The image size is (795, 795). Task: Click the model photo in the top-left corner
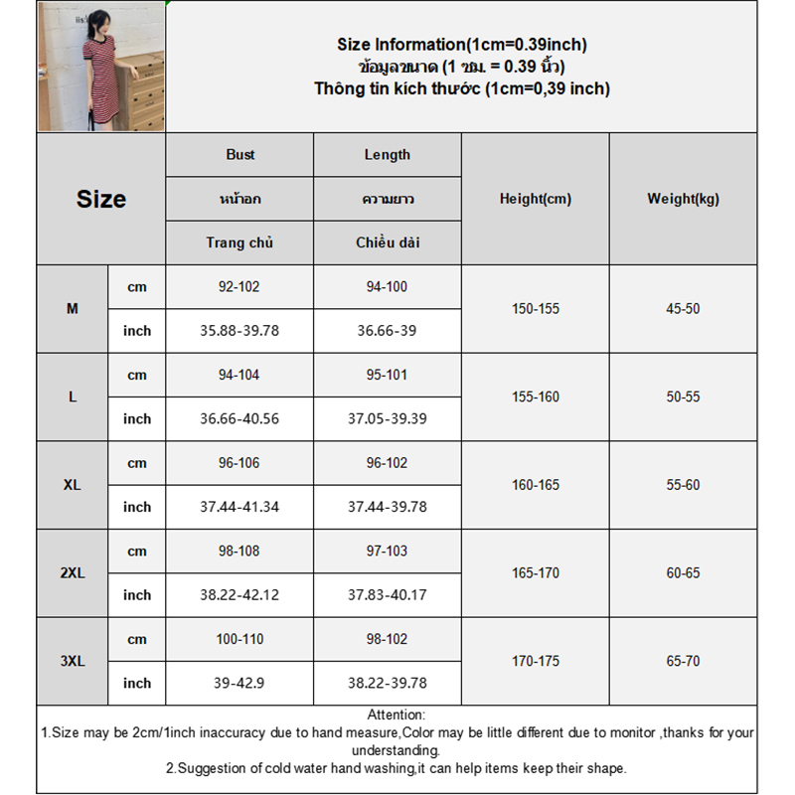[x=101, y=68]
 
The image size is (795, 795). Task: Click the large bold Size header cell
[x=101, y=199]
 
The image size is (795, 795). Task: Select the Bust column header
[x=239, y=155]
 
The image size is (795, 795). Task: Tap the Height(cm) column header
[x=536, y=199]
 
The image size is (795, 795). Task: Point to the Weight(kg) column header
[x=683, y=199]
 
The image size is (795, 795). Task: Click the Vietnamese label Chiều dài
[x=388, y=242]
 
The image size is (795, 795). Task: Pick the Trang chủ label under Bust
[x=239, y=242]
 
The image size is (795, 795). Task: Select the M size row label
[x=73, y=309]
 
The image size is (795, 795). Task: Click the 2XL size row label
[x=73, y=573]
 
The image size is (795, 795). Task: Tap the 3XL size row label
[x=73, y=661]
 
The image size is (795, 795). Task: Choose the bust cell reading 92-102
[x=239, y=287]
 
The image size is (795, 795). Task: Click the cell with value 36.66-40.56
[x=239, y=419]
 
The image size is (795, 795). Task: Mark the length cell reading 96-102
[x=388, y=463]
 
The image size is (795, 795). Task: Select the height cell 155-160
[x=536, y=397]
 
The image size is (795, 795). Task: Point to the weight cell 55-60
[x=683, y=485]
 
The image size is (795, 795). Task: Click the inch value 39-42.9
[x=239, y=684]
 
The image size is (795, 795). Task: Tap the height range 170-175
[x=536, y=661]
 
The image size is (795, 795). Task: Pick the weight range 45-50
[x=683, y=309]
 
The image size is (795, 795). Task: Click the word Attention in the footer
[x=397, y=715]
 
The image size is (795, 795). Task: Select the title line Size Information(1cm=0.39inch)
[x=462, y=45]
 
